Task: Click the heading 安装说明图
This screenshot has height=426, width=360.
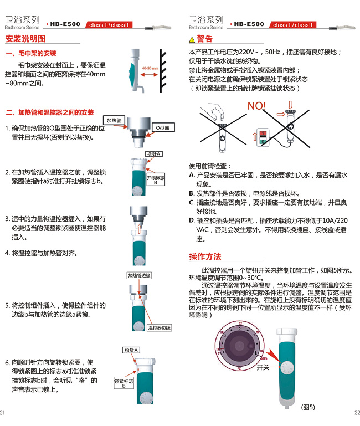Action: [x=25, y=39]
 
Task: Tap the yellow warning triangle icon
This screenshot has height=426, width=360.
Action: [x=192, y=40]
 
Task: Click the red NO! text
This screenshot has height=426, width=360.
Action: [x=256, y=106]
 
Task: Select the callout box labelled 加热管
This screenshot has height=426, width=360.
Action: [x=114, y=120]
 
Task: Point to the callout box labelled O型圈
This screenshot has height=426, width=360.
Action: [x=163, y=128]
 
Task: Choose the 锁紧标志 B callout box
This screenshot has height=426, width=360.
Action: [x=124, y=383]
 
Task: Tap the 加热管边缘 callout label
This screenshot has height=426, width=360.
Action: [x=139, y=275]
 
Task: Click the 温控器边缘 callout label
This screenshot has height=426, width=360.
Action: [x=159, y=328]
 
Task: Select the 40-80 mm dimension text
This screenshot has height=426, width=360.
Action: [x=150, y=68]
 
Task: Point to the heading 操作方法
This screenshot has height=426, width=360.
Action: [x=205, y=256]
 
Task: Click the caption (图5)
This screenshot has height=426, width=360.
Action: [x=308, y=407]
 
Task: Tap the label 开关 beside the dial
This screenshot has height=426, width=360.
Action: [x=263, y=367]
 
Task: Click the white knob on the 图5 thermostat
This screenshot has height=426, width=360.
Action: [x=287, y=368]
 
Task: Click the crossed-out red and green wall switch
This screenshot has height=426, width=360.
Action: [x=263, y=137]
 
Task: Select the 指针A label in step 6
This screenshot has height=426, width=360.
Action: [x=131, y=350]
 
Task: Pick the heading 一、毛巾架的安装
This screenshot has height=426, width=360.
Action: [x=31, y=53]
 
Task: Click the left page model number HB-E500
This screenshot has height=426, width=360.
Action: [x=65, y=24]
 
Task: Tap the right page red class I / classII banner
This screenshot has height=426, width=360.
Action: [x=292, y=25]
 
